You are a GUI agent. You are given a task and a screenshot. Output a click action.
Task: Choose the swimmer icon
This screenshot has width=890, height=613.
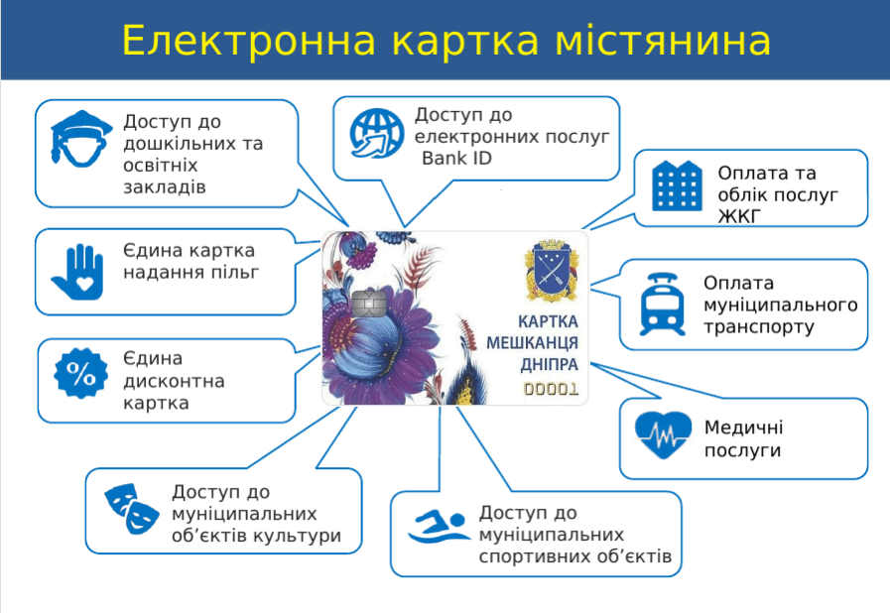(x=438, y=528)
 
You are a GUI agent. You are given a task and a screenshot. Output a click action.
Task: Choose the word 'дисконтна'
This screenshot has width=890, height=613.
(x=174, y=382)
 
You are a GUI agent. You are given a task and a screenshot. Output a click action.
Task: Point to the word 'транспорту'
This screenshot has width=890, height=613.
(x=758, y=326)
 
